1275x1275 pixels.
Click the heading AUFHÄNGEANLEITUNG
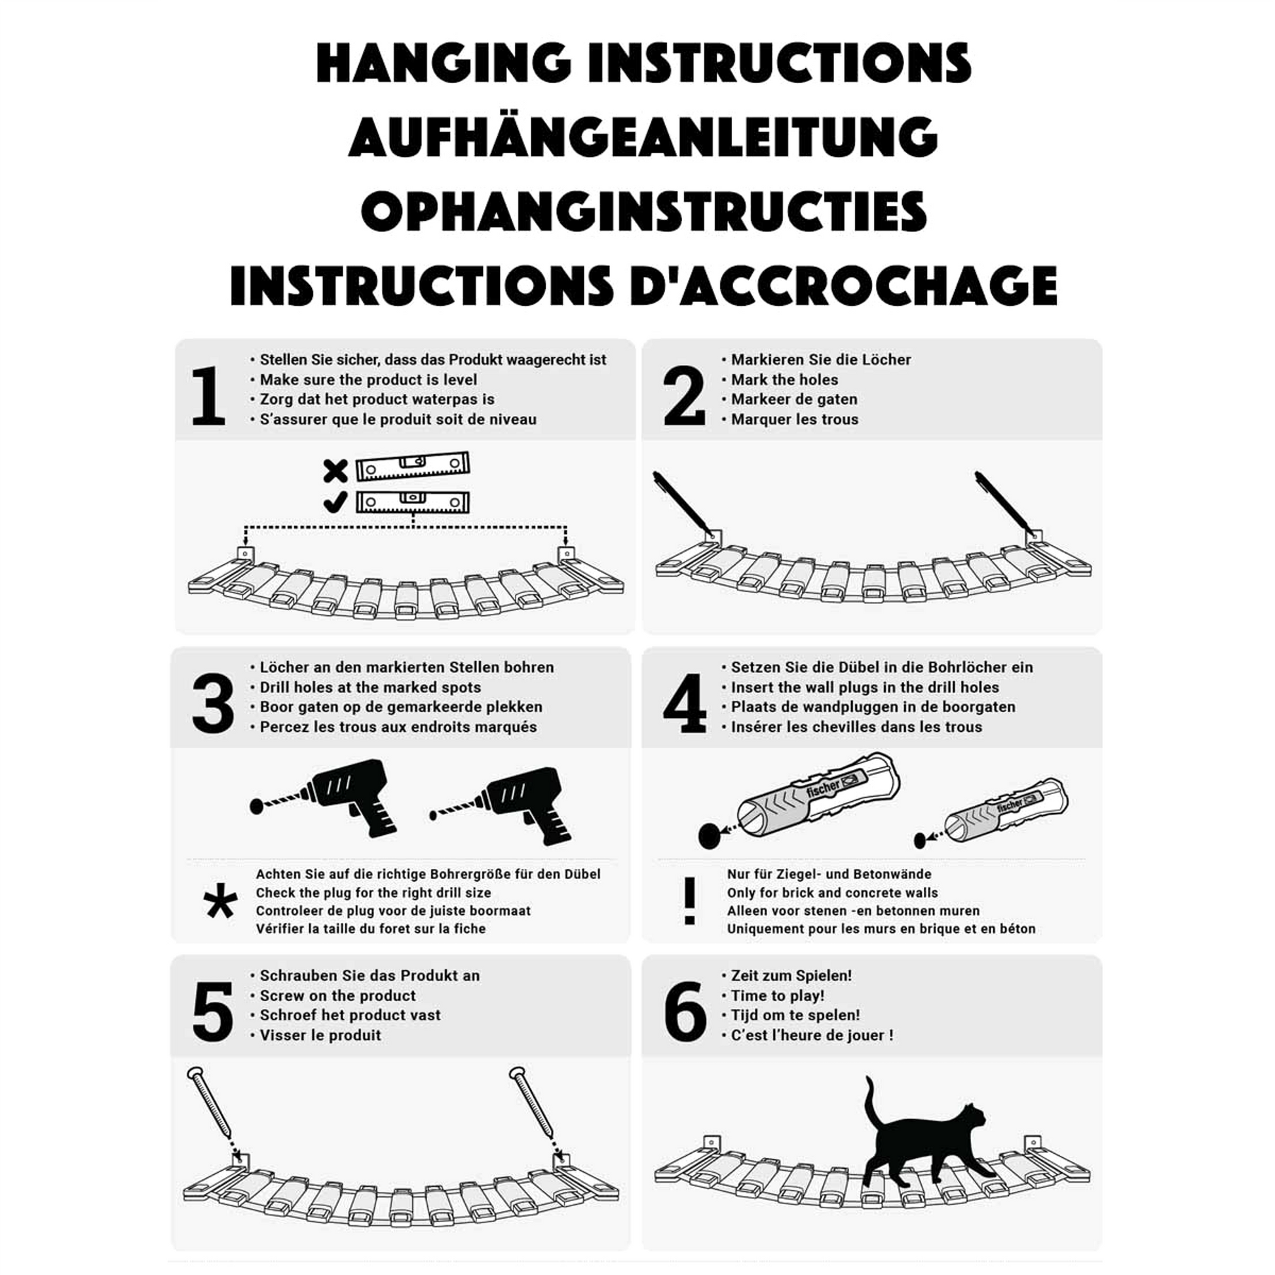tap(643, 136)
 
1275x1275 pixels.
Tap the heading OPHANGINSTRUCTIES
tap(643, 211)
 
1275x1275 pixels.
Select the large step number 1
tap(208, 396)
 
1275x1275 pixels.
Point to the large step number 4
tap(685, 704)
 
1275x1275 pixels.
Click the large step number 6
tap(685, 1011)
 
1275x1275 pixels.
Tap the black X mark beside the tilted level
tap(335, 471)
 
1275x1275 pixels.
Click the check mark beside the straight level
tap(335, 503)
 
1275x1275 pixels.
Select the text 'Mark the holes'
tap(784, 379)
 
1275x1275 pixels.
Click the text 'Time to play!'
tap(778, 995)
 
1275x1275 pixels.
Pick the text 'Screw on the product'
tap(337, 995)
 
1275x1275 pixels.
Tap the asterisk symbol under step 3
tap(221, 901)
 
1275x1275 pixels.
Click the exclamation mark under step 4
tap(690, 901)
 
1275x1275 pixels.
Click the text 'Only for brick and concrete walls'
tap(832, 893)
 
